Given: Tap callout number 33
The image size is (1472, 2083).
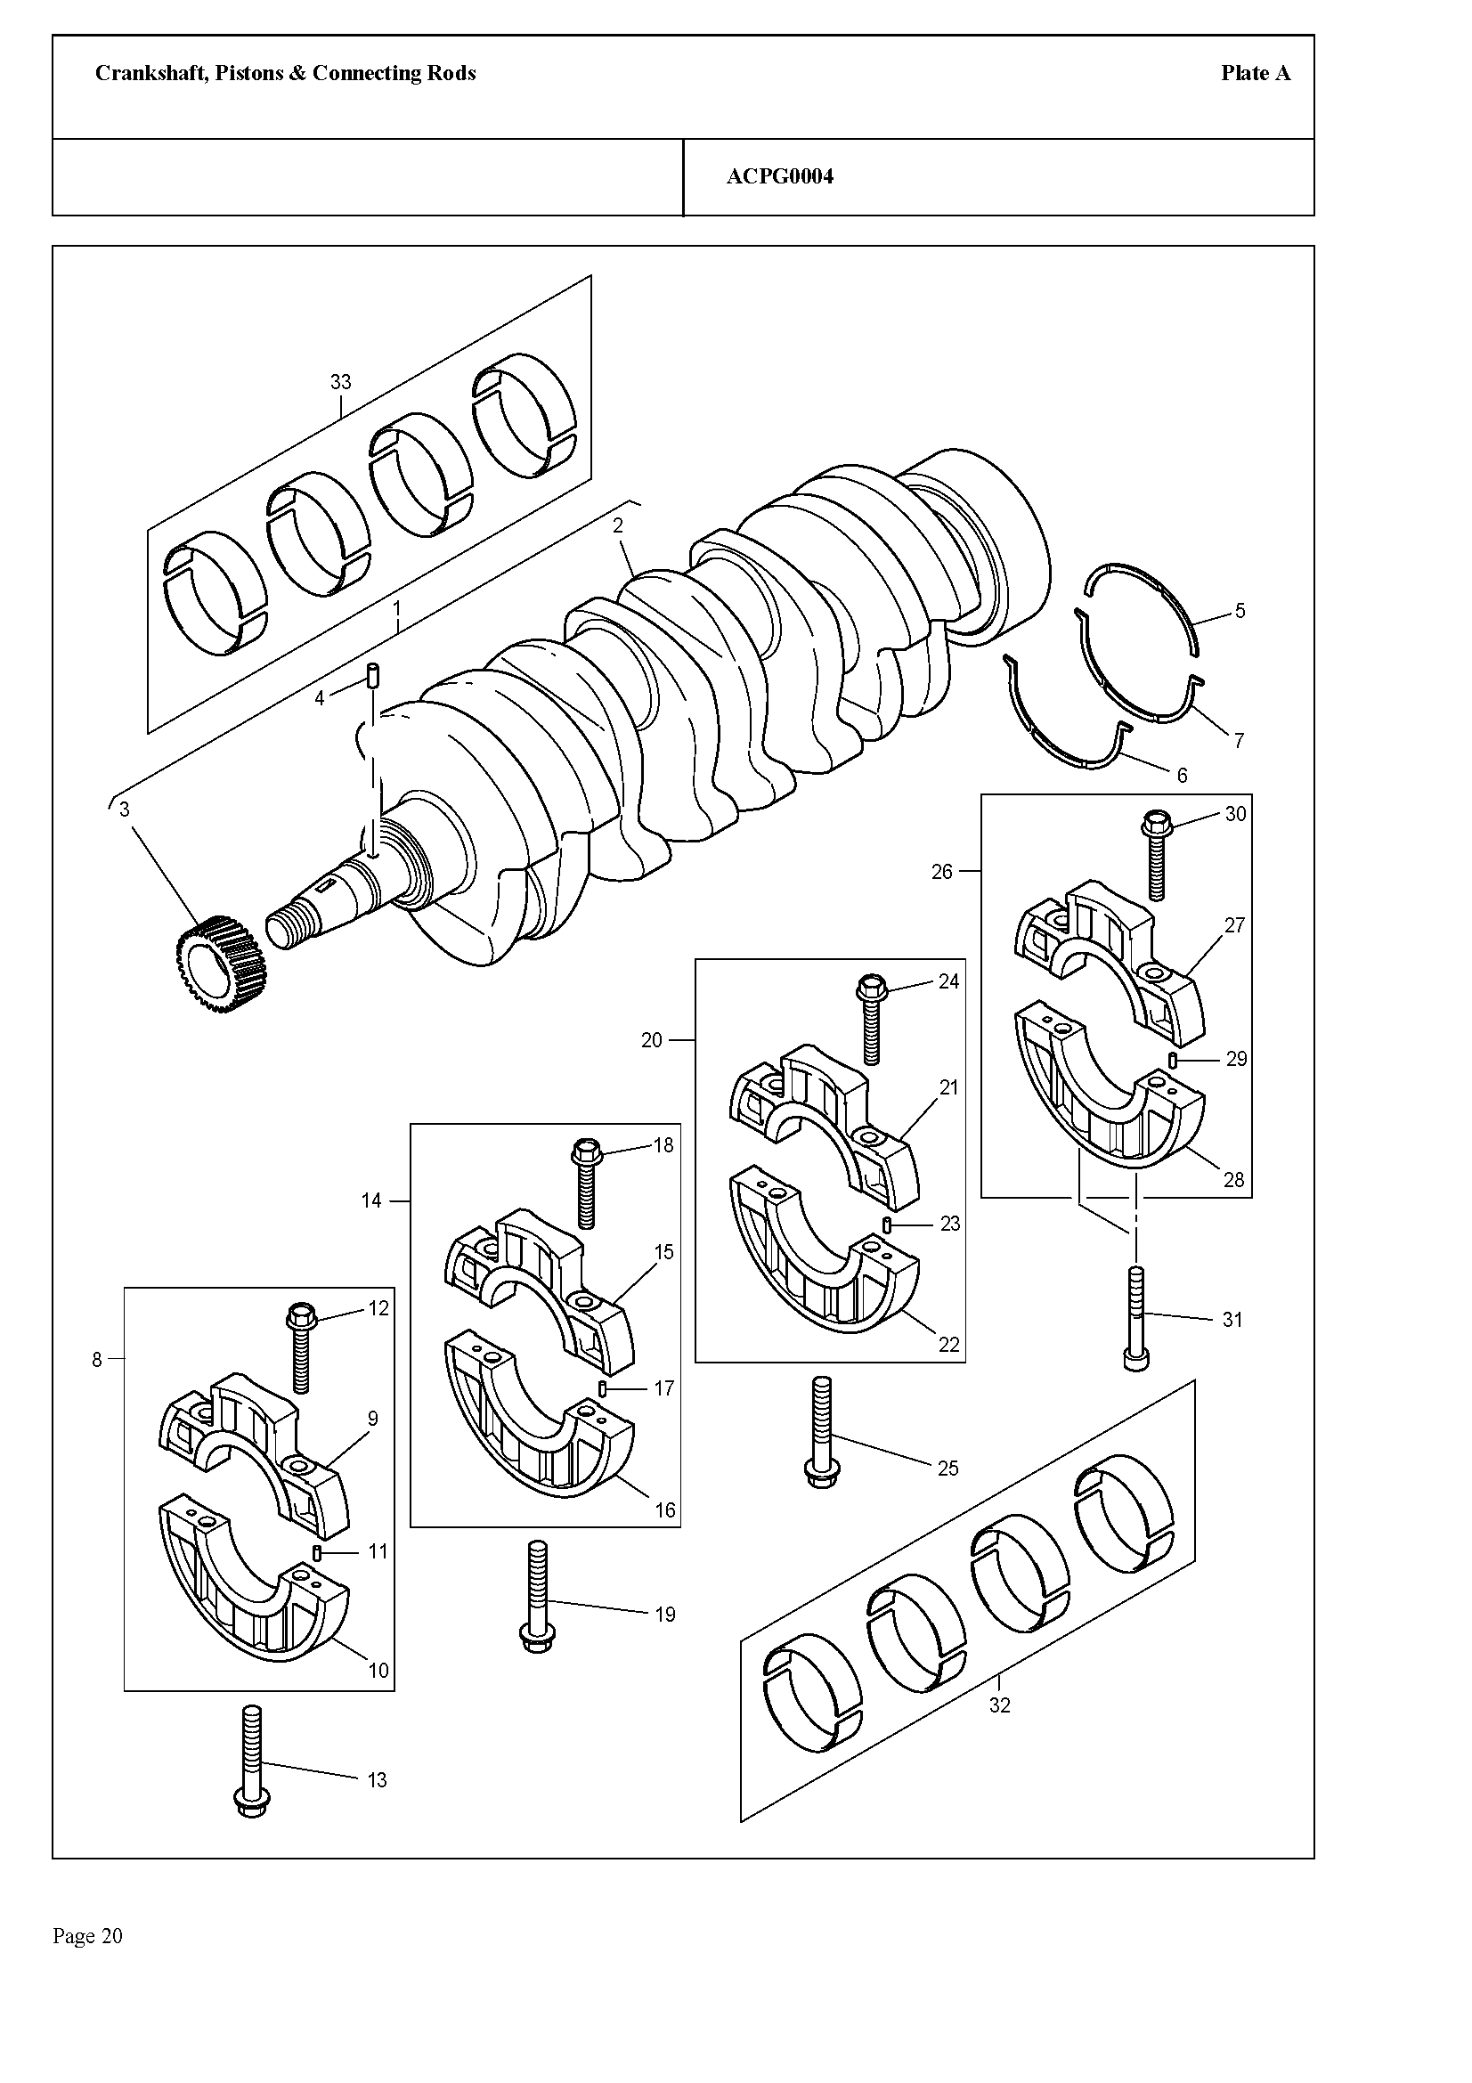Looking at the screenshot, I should [x=340, y=382].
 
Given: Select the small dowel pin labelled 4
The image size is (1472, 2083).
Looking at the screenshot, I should [x=373, y=675].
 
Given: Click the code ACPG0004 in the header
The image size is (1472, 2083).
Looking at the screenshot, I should [x=779, y=177].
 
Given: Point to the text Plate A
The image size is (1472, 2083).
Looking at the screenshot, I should [x=1256, y=74].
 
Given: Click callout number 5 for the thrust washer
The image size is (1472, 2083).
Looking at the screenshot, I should [x=1240, y=611].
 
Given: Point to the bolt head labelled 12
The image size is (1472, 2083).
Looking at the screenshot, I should [x=301, y=1314].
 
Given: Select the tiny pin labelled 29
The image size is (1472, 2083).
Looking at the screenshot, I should [x=1173, y=1060].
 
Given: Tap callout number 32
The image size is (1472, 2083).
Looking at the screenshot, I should [x=998, y=1705].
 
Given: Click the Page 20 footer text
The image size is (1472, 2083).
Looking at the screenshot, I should [x=88, y=1936].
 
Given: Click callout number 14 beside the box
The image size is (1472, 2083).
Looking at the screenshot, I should [x=371, y=1200].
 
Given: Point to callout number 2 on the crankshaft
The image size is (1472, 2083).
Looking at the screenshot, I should [x=618, y=525].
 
